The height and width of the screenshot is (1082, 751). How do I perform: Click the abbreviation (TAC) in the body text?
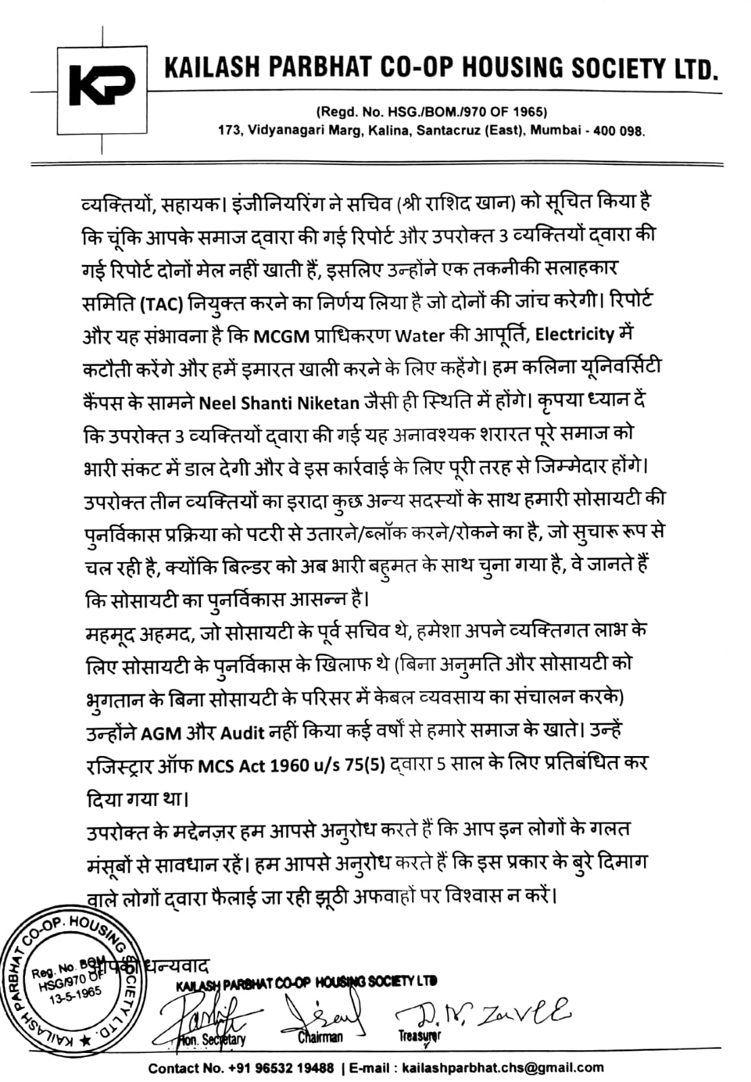tap(162, 302)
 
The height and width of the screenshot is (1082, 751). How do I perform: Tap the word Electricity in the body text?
tap(574, 335)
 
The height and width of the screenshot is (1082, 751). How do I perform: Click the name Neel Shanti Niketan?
tap(279, 403)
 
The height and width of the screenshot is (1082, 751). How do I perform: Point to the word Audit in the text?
tap(243, 733)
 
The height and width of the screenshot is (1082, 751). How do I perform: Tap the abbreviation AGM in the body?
tap(161, 733)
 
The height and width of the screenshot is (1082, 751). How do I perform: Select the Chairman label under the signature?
tap(320, 1036)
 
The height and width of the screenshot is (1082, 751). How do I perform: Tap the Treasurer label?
tap(419, 1035)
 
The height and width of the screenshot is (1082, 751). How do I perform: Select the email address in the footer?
tap(502, 1068)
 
